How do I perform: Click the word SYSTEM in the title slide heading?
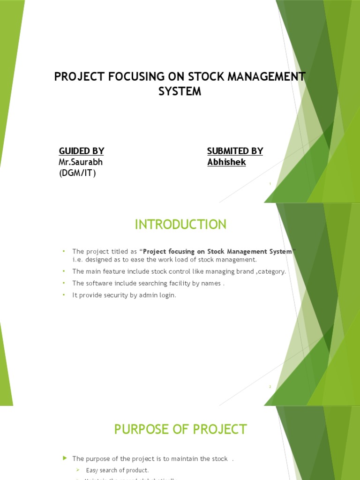180,91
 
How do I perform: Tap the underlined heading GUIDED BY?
81,151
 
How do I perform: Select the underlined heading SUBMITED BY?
235,151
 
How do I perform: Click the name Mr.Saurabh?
81,163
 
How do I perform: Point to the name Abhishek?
226,163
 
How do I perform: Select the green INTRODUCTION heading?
180,225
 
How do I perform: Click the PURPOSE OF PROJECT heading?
180,429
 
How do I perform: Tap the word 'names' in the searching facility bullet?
210,283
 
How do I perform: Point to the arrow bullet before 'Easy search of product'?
79,470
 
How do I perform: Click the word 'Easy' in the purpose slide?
92,470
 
